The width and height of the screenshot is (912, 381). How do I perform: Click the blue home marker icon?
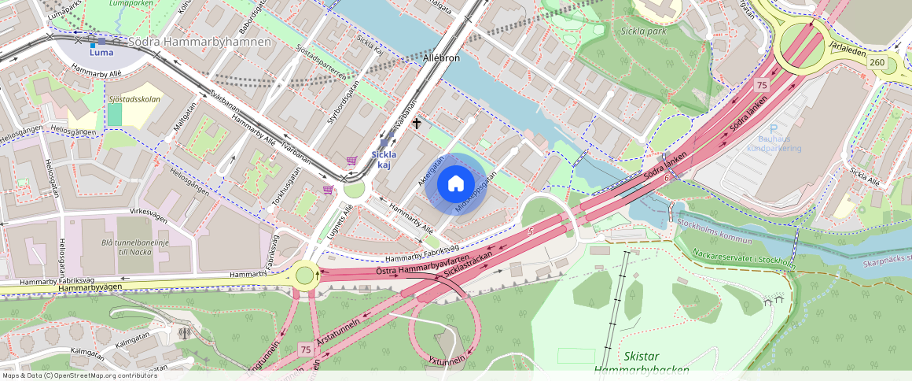pos(455,184)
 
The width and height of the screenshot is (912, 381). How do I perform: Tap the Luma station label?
pos(101,53)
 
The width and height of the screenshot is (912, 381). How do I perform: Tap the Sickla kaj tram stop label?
pos(384,160)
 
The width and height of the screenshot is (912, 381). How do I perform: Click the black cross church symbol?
pos(417,124)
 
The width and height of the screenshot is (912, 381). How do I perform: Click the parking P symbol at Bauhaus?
pos(774,129)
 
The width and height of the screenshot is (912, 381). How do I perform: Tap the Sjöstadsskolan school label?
pos(135,99)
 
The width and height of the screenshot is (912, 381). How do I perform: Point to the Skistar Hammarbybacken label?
pos(642,363)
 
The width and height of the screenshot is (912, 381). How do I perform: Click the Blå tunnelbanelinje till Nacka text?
pos(135,250)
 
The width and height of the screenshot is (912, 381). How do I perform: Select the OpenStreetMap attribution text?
pos(79,375)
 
